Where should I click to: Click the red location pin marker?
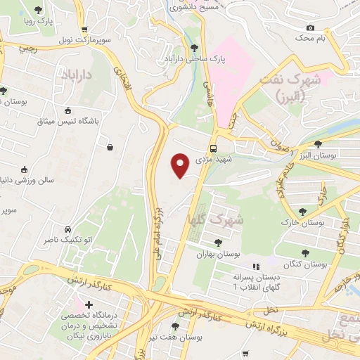(x=181, y=165)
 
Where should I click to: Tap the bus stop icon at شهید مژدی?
(x=213, y=148)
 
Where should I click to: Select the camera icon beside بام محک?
(x=310, y=27)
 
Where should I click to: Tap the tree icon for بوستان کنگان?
(x=306, y=254)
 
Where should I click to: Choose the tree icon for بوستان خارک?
(x=302, y=212)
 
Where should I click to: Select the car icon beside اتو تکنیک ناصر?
(x=67, y=230)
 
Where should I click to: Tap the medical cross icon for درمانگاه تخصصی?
(x=89, y=305)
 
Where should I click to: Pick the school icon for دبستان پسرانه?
(x=256, y=267)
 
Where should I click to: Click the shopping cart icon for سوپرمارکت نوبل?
(x=84, y=30)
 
